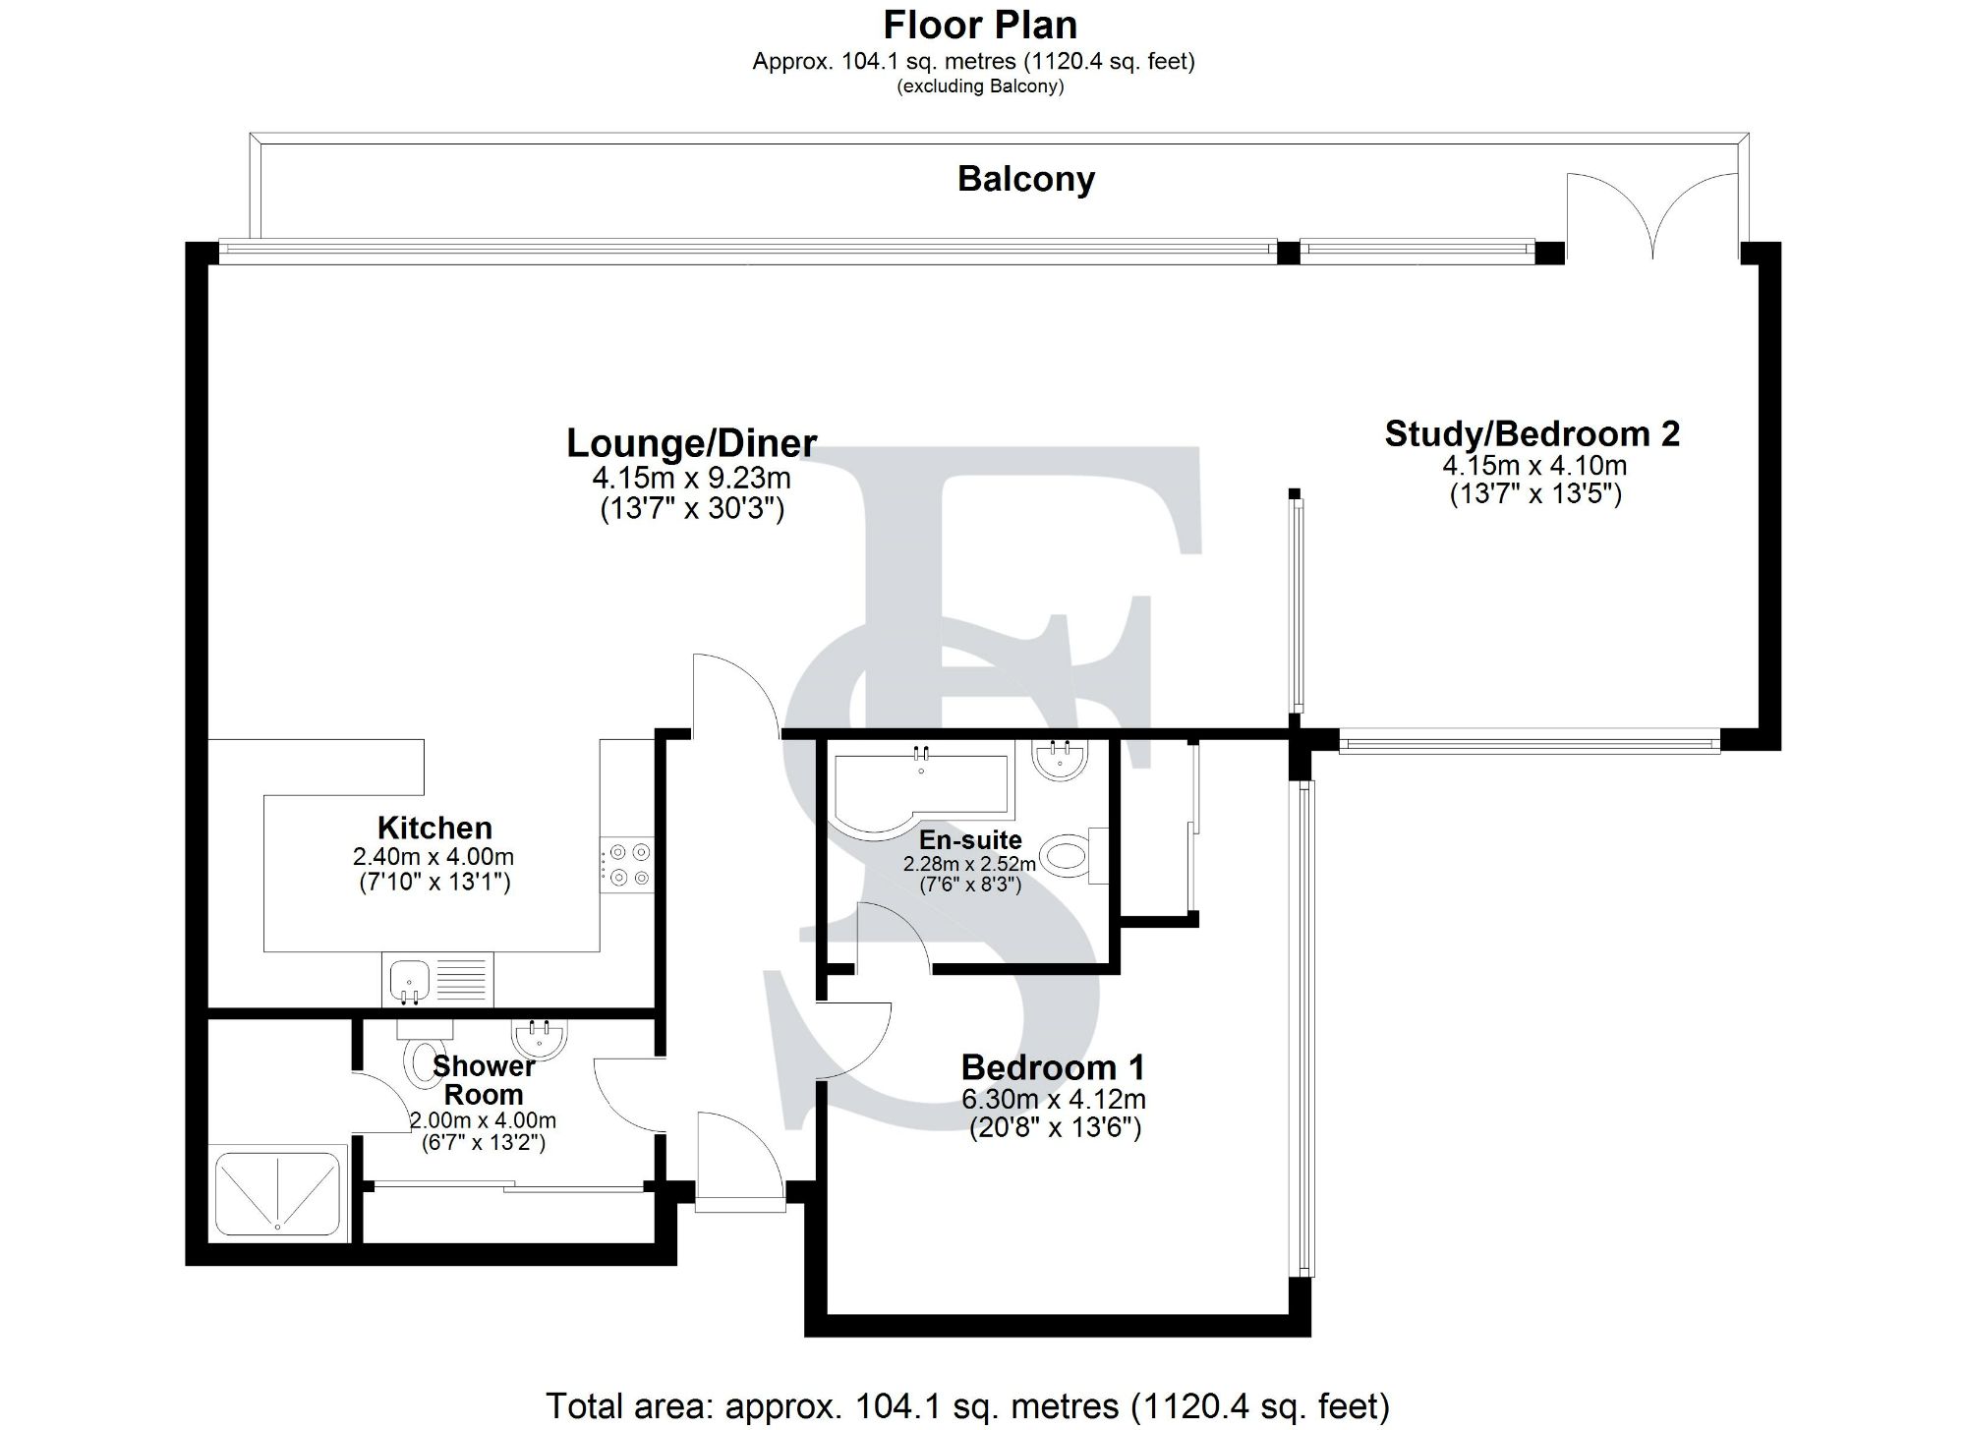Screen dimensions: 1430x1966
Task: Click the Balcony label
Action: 1025,180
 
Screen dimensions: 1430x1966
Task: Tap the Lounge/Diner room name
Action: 691,443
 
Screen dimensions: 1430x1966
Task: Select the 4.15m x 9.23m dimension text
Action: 691,480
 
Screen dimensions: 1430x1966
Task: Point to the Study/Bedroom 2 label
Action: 1532,433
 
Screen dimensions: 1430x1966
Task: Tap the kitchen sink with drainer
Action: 437,981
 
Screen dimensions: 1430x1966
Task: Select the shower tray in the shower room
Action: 278,1192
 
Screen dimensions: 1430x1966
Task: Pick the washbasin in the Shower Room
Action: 538,1040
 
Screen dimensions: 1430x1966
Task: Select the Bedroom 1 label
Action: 1053,1067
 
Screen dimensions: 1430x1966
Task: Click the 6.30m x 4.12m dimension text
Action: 1053,1100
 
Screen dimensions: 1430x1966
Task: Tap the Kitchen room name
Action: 434,828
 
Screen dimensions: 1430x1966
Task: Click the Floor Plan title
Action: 979,25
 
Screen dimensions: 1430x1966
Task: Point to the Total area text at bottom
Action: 967,1406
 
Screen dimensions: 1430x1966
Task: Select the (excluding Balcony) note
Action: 979,86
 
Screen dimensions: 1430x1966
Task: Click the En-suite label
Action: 970,840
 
